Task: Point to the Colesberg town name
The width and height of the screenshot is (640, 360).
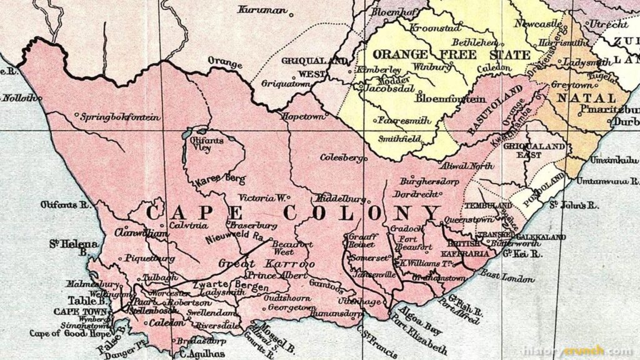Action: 341,157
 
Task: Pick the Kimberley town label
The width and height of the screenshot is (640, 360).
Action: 379,69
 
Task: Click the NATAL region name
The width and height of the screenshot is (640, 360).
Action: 586,98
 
